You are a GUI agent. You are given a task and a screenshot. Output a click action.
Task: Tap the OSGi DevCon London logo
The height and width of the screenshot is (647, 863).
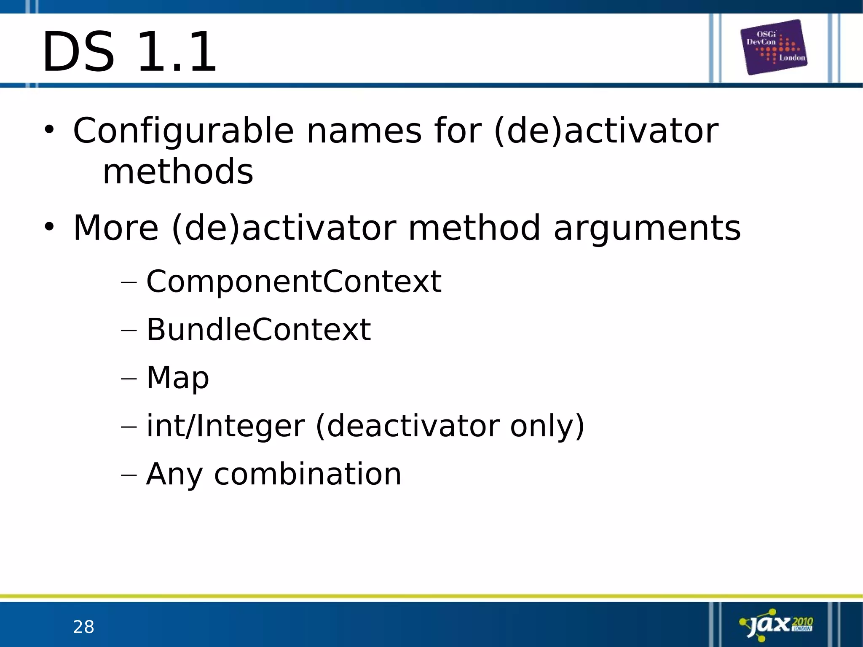pyautogui.click(x=774, y=47)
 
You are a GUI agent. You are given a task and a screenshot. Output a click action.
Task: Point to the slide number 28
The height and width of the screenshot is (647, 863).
pyautogui.click(x=83, y=627)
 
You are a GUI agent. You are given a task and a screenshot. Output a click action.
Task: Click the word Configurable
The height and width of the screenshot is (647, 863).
pyautogui.click(x=183, y=131)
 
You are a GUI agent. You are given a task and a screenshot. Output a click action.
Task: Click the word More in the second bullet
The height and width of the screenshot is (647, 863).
pyautogui.click(x=116, y=228)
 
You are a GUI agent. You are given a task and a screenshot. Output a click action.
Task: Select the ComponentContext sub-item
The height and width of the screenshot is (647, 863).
pyautogui.click(x=294, y=281)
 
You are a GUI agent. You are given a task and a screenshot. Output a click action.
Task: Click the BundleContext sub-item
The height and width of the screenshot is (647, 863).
pyautogui.click(x=258, y=329)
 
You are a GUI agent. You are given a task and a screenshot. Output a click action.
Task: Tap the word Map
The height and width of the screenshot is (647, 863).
pyautogui.click(x=177, y=378)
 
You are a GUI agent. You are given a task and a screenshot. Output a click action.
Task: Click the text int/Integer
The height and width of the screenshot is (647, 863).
pyautogui.click(x=225, y=426)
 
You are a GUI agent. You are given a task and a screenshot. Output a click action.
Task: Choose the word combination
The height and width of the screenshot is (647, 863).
pyautogui.click(x=308, y=474)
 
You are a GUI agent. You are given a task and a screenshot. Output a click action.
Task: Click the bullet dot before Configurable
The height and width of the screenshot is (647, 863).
pyautogui.click(x=49, y=130)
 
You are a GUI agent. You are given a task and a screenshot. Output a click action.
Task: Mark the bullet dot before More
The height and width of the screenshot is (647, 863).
pyautogui.click(x=49, y=227)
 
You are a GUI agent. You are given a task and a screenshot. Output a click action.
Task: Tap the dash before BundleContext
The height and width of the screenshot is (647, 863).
pyautogui.click(x=129, y=330)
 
